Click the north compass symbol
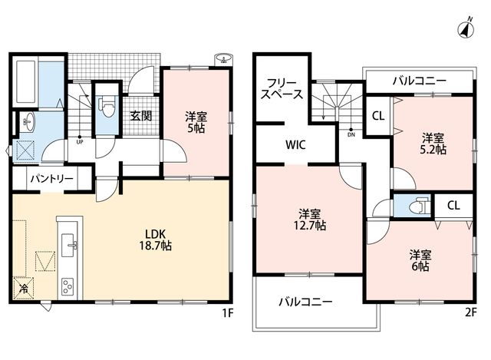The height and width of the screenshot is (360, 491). coord(466,28)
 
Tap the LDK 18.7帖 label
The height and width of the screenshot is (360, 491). coord(155,239)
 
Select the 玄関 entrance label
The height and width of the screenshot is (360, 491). coord(141,116)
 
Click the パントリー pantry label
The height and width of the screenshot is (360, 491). coord(52,179)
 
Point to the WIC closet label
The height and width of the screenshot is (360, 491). coord(295,145)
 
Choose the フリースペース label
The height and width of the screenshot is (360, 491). coord(282,89)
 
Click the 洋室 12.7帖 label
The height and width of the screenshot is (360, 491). coord(309,220)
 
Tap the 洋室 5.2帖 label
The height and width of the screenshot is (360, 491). coord(433,144)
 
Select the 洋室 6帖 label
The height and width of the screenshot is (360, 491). coord(420,260)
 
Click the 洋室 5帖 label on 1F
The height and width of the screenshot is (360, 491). coord(196,122)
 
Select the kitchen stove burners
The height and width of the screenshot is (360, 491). coord(68,286)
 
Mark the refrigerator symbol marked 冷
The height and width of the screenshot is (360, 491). coord(23,288)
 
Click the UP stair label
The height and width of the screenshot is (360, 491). coord(80,141)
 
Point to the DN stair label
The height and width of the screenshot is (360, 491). coord(351,135)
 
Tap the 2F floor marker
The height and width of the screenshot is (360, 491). coord(470,312)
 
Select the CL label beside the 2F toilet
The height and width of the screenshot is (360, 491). coord(453,206)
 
